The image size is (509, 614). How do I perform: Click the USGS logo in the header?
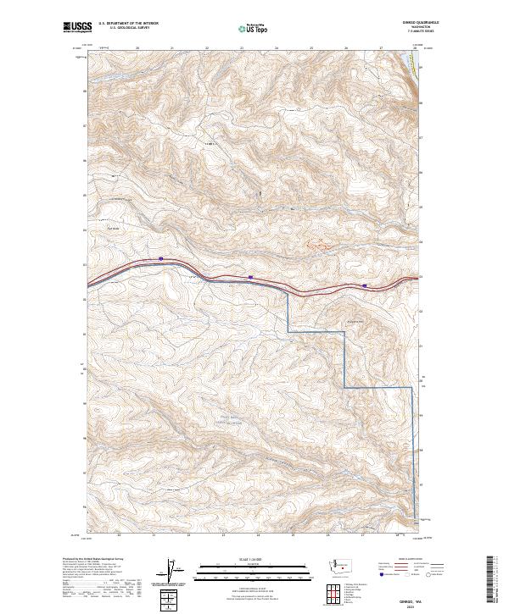click(77, 27)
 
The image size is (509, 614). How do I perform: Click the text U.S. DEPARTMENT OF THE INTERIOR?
click(128, 25)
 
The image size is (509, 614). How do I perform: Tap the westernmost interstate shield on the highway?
click(160, 258)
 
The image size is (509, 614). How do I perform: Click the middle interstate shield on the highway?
click(251, 277)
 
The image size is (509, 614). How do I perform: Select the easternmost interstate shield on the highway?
click(365, 286)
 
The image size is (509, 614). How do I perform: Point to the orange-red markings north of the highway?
click(316, 244)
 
